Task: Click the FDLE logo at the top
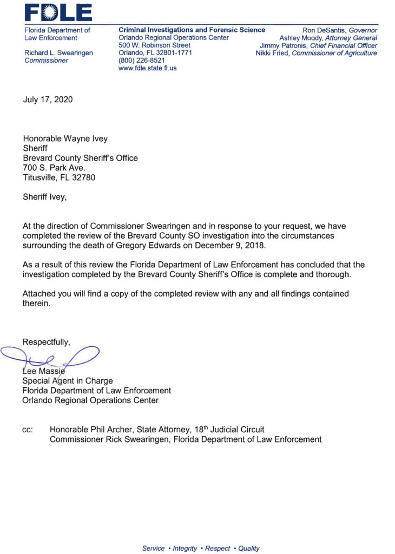(57, 12)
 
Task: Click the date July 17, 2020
(47, 100)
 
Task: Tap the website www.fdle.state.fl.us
(147, 68)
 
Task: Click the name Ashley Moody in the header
(300, 38)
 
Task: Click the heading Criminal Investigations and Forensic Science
(192, 30)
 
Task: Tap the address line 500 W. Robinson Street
(154, 45)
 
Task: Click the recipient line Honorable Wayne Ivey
(65, 138)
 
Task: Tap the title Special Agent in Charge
(68, 381)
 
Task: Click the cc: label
(28, 430)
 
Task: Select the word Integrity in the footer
(185, 548)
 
